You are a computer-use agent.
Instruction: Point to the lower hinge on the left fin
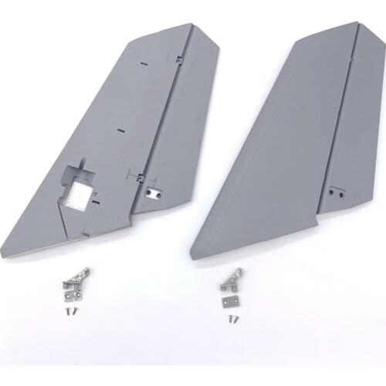[140, 177]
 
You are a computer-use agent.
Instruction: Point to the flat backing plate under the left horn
[72, 294]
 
